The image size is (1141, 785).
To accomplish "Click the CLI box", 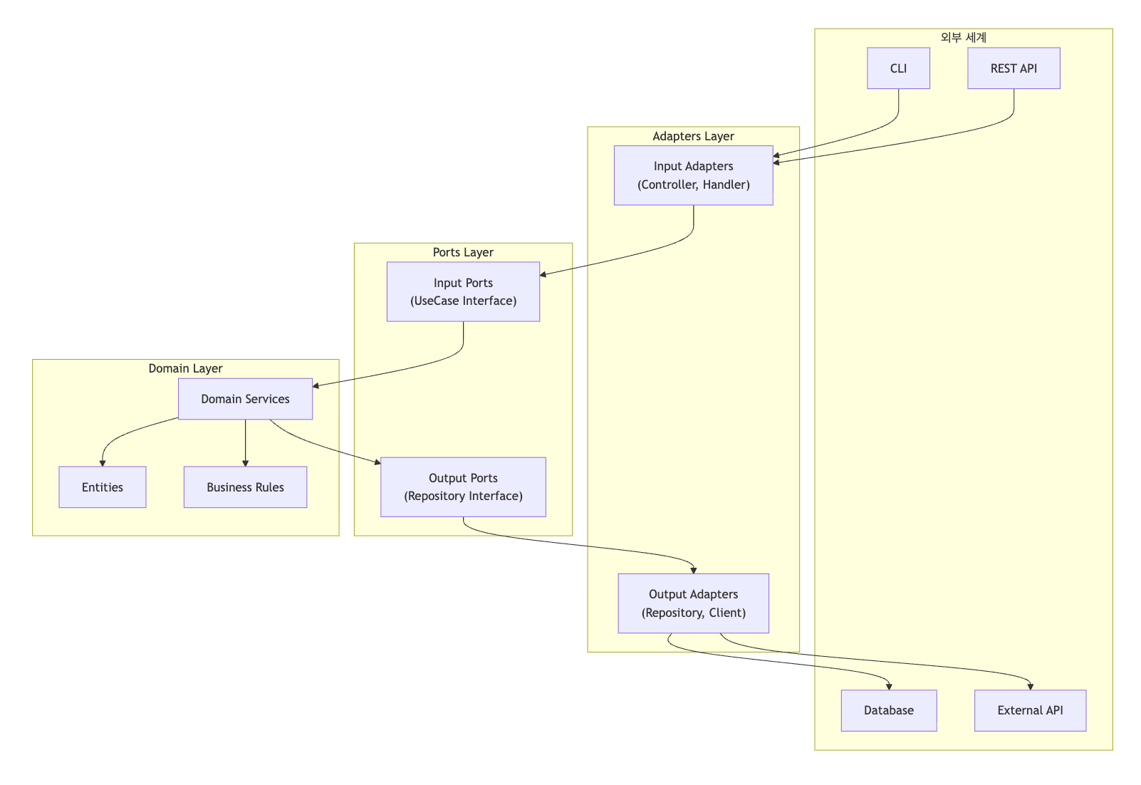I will tap(898, 68).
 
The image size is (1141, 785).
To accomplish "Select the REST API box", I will tap(1013, 68).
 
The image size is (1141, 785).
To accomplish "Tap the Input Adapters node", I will tap(693, 175).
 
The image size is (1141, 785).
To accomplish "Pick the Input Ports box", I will tap(463, 291).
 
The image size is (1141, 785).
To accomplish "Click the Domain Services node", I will tap(245, 399).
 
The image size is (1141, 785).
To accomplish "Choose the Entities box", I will tap(103, 487).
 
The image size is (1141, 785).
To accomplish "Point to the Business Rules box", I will tap(245, 487).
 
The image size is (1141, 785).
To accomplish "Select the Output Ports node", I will tap(463, 487).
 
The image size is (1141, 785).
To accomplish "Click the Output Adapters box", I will tap(693, 603).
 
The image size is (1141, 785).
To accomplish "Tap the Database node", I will tap(888, 710).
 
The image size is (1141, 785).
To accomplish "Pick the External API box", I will tap(1030, 710).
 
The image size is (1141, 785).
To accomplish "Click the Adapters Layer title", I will tap(693, 136).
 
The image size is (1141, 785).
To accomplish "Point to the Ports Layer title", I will tap(463, 252).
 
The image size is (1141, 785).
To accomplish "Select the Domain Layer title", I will tap(185, 368).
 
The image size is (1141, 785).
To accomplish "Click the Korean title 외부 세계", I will tap(963, 37).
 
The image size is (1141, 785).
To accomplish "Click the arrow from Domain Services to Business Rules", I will tap(245, 442).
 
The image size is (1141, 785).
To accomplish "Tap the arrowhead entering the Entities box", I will tap(103, 463).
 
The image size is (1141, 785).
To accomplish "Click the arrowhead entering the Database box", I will tap(889, 686).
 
